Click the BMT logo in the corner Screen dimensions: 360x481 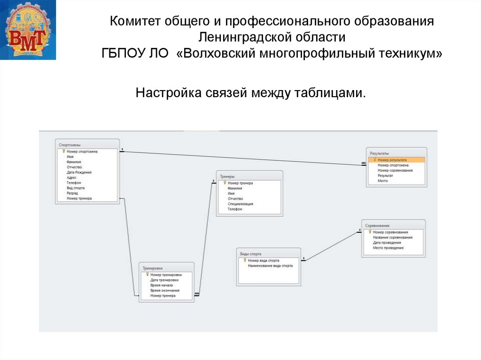pos(28,30)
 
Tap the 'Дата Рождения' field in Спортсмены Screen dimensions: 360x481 pos(79,172)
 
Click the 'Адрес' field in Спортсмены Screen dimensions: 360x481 pos(71,177)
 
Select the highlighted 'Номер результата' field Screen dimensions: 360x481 pos(392,160)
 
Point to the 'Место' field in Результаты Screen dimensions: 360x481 pos(383,181)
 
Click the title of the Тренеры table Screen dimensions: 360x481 pos(227,176)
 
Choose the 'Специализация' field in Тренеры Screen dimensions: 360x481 pos(240,204)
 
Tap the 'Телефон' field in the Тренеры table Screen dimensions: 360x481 pos(235,209)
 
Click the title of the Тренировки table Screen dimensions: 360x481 pos(153,268)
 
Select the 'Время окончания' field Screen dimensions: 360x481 pos(165,290)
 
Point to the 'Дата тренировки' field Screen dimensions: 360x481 pos(164,280)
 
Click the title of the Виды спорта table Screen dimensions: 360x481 pos(251,253)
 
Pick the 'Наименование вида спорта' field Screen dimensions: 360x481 pos(270,266)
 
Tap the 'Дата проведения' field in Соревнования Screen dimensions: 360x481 pos(387,243)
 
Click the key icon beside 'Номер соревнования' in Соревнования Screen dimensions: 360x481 pos(370,232)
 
